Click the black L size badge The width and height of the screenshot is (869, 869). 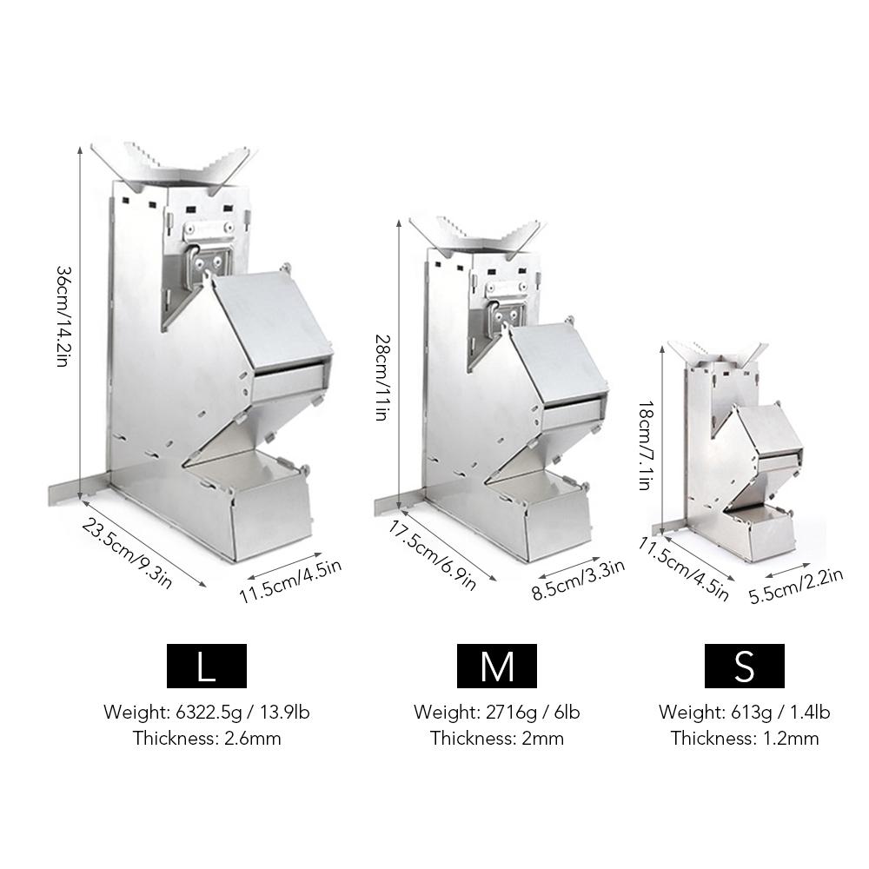(206, 667)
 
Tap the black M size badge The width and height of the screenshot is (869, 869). (497, 667)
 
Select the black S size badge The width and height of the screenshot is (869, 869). (744, 667)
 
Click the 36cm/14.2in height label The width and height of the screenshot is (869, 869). (63, 316)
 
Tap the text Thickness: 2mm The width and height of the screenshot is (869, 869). (497, 739)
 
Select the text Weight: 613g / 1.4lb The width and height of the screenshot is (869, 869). (744, 713)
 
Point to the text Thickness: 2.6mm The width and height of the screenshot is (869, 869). (207, 739)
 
